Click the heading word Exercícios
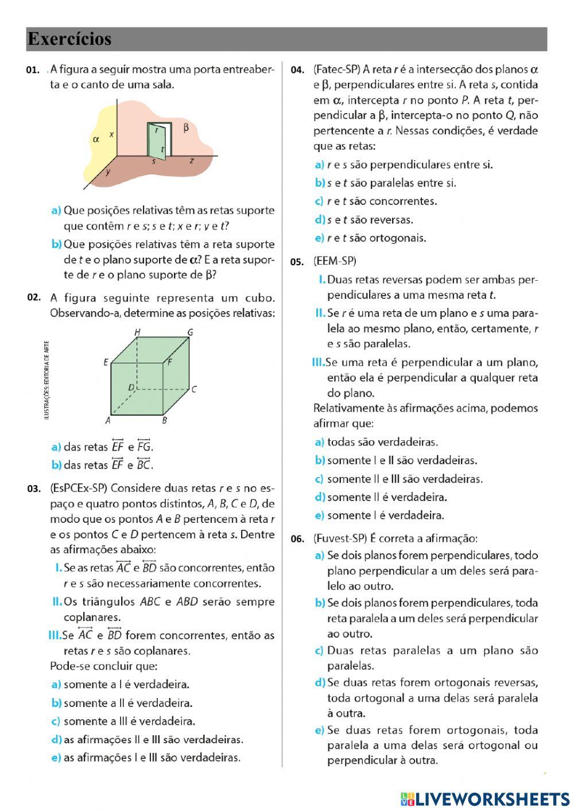coord(69,39)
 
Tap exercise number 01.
coord(32,70)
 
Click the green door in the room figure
coord(157,142)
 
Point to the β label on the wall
coord(186,127)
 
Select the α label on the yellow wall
coord(96,139)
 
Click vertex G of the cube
coord(190,332)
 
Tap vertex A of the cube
coord(107,420)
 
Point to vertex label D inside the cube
coord(131,387)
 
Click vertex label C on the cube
coord(195,389)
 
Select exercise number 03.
coord(34,489)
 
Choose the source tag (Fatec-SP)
coord(336,69)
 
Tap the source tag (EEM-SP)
coord(335,261)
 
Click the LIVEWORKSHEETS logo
coord(485,798)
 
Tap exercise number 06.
coord(297,539)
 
